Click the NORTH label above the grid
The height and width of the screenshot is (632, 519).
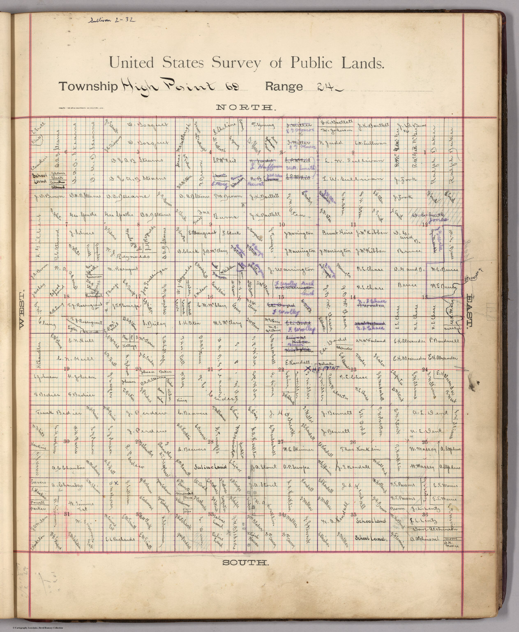click(x=245, y=108)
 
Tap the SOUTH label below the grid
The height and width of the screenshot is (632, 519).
click(x=245, y=562)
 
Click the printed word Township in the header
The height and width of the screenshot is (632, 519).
click(x=88, y=87)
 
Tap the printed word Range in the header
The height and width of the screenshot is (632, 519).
click(x=284, y=87)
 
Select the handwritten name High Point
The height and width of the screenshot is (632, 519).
click(x=169, y=85)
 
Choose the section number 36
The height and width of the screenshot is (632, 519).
click(x=425, y=514)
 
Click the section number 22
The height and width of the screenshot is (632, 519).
click(x=282, y=369)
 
